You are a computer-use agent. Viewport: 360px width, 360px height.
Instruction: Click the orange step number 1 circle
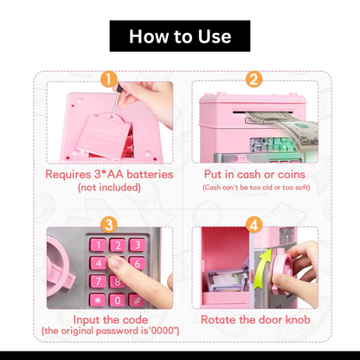pos(109,79)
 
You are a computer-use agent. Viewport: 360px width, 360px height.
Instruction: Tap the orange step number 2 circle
pos(254,79)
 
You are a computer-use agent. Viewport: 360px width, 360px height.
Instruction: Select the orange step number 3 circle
pos(109,224)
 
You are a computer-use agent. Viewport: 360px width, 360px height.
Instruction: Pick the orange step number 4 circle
pos(254,224)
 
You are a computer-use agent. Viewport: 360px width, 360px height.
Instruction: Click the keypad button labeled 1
pos(98,245)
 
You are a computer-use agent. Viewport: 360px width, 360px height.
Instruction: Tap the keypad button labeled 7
pos(98,281)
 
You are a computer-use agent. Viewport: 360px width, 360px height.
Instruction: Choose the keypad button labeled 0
pos(118,300)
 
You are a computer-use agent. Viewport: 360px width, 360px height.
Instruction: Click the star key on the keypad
pos(98,300)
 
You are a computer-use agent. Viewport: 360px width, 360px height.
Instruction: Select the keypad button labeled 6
pos(137,263)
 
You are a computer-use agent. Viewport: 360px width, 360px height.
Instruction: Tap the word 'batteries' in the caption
pos(150,175)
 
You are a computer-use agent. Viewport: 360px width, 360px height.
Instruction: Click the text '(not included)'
pos(109,188)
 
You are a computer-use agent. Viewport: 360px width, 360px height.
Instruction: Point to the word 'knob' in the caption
pos(298,319)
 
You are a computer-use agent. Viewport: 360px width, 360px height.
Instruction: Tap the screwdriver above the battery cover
pos(116,100)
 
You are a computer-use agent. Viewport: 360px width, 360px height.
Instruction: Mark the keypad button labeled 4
pos(98,263)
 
